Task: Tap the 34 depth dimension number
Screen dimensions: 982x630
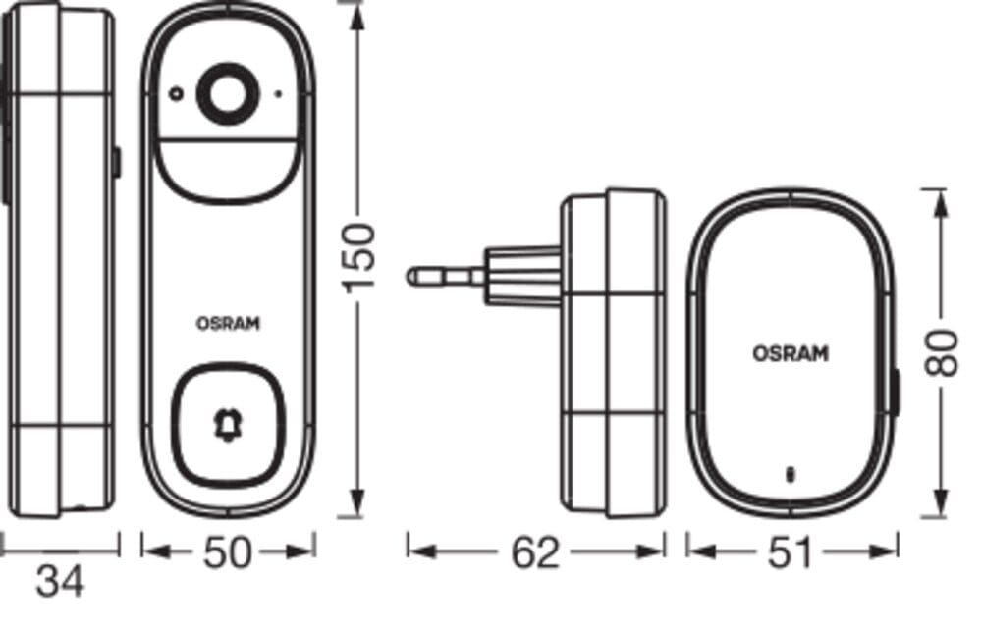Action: [x=60, y=583]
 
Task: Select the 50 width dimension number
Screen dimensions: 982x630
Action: [x=228, y=552]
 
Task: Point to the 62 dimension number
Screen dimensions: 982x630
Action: [x=535, y=552]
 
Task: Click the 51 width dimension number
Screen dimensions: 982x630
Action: [x=790, y=552]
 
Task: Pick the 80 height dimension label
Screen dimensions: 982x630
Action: [x=942, y=352]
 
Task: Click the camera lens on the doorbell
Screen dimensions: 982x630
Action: [x=228, y=94]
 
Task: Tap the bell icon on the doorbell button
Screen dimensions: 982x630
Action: [x=228, y=427]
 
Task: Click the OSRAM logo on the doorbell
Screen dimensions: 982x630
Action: [x=228, y=324]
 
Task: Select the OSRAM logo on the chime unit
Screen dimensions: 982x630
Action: [x=791, y=353]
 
